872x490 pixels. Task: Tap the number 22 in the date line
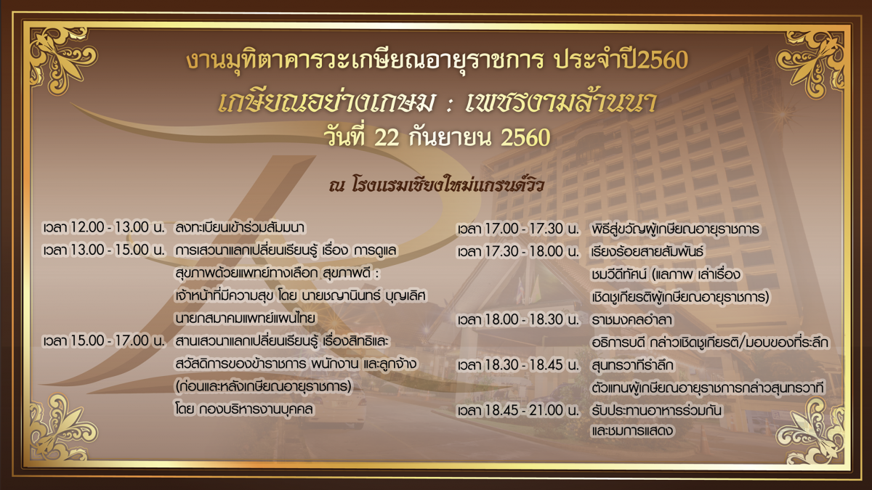(387, 138)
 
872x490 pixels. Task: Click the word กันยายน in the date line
(450, 138)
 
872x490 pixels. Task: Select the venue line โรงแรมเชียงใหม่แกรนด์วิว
(448, 186)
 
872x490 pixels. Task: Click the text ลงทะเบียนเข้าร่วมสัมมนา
(240, 227)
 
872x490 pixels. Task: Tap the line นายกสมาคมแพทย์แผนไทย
(245, 318)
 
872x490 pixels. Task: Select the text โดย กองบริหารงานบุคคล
(244, 409)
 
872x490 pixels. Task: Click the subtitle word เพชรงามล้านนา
(561, 102)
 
